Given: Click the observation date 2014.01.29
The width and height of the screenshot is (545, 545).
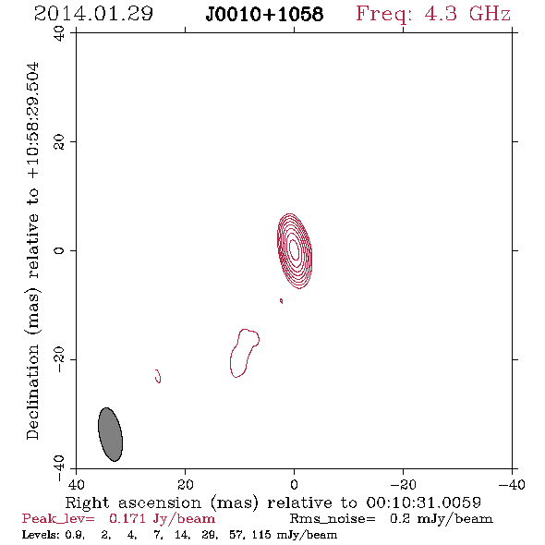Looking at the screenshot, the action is point(93,14).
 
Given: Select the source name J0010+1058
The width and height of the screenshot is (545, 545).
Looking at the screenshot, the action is point(264,15).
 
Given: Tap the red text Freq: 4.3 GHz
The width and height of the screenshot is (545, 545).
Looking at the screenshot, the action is point(433,14).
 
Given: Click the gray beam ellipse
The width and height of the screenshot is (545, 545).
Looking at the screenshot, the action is point(111,434).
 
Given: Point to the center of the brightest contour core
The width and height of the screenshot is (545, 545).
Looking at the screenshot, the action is point(295,250).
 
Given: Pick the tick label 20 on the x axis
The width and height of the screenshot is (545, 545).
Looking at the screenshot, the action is point(186,485).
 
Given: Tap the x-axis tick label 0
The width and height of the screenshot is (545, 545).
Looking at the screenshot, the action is point(294,485).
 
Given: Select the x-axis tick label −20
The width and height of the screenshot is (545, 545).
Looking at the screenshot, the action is point(403,485).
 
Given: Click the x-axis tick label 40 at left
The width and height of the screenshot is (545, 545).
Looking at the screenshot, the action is point(76,485).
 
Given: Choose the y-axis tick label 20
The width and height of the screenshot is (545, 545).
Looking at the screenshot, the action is point(59,142).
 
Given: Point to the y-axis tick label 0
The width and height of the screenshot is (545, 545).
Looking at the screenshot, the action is point(59,250).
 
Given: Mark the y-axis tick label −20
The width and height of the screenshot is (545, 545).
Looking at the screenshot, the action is point(59,359).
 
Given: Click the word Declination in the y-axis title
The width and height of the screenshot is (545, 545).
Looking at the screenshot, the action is point(32,392).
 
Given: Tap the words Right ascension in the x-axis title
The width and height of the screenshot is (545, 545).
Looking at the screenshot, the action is point(133,503).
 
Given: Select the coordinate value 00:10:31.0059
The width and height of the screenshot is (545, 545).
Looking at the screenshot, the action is point(423,503).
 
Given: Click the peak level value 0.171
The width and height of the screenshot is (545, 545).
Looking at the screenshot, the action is point(127,518).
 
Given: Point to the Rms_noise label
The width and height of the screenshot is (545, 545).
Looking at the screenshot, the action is point(333,519).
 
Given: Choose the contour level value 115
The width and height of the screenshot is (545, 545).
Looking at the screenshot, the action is point(261,534).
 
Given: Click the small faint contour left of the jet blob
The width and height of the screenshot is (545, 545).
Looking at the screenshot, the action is point(158,376).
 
